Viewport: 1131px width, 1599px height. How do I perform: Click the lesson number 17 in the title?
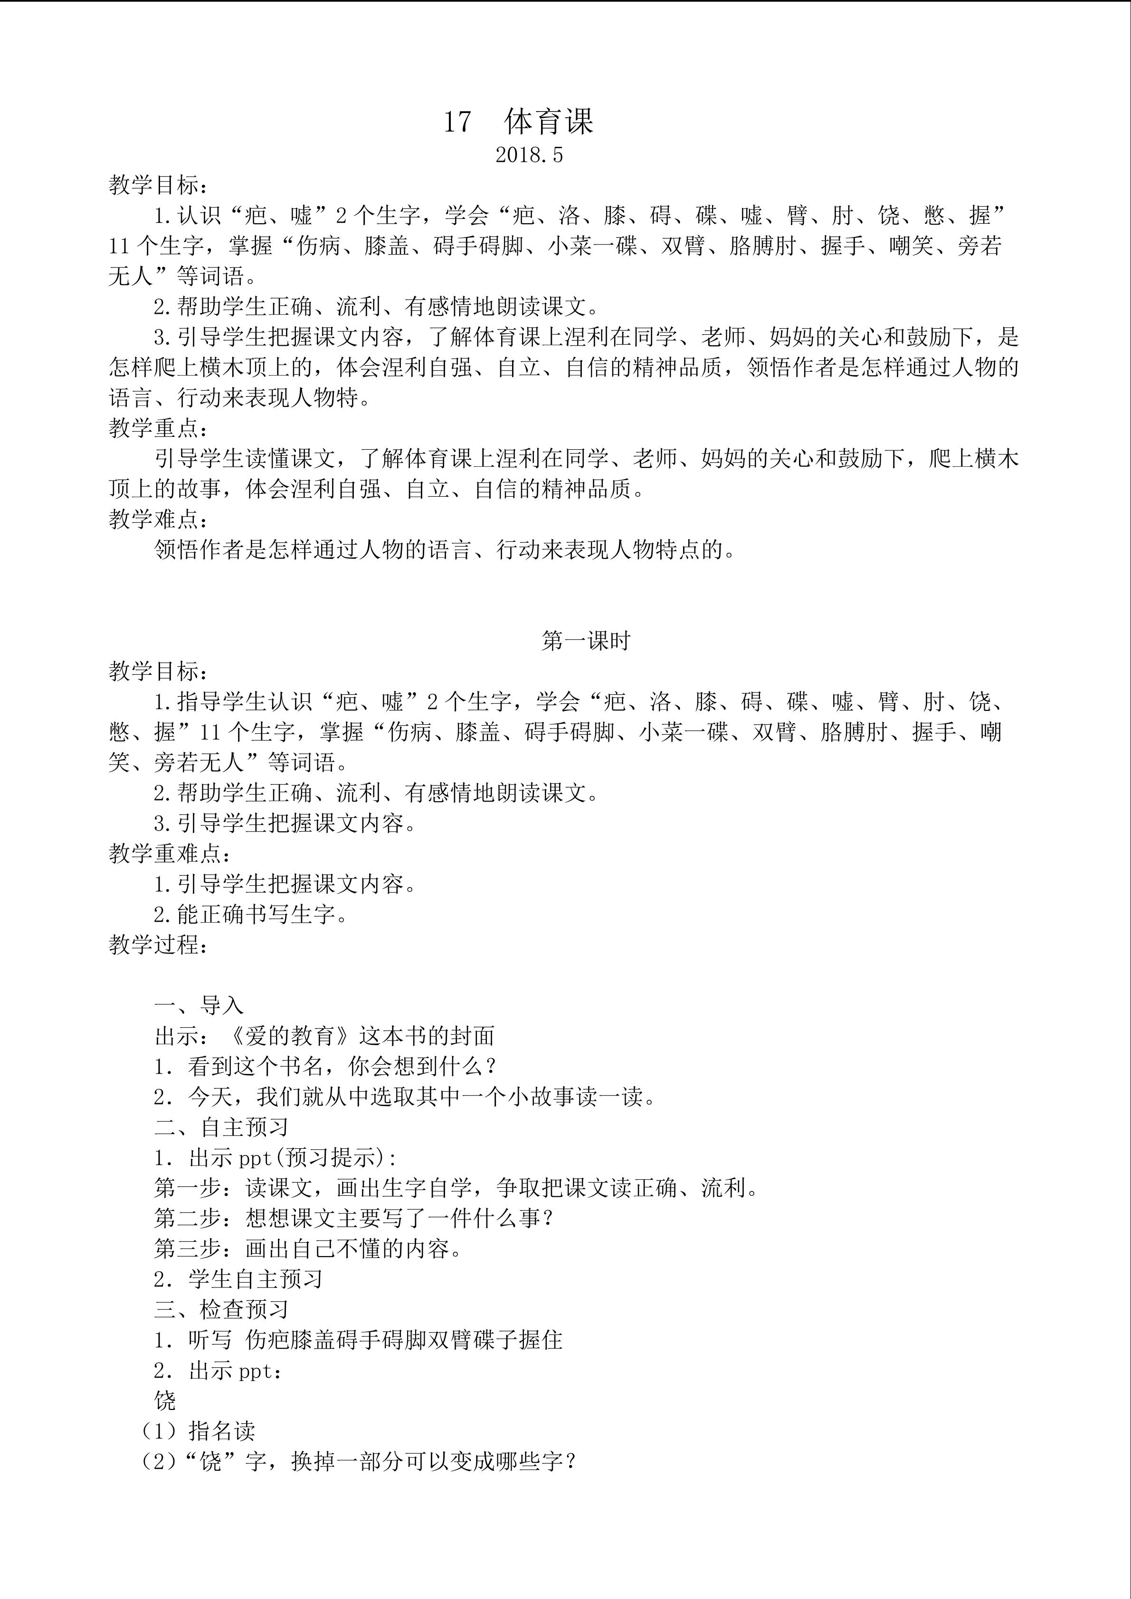pos(457,123)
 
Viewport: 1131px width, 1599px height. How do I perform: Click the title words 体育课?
pos(549,122)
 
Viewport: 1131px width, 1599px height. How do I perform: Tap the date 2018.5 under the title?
pos(529,155)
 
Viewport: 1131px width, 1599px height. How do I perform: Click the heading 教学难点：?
pos(159,520)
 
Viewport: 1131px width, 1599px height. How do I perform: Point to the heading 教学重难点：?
pos(170,854)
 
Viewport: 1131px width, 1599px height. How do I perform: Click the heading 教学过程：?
pos(159,945)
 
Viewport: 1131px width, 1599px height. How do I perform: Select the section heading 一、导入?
pos(199,1006)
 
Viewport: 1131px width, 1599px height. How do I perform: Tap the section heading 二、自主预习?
pos(221,1127)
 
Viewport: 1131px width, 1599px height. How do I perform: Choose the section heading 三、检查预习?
pos(221,1310)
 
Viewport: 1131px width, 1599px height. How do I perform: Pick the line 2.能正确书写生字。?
pos(251,914)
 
